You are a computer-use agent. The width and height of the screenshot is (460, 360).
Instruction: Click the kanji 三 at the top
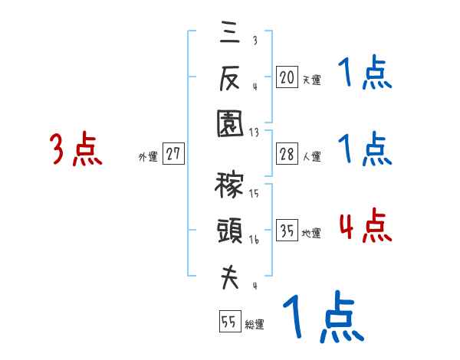[230, 34]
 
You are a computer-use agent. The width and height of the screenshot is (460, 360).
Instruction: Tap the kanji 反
[230, 79]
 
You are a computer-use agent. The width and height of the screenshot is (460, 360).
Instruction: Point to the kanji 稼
[230, 186]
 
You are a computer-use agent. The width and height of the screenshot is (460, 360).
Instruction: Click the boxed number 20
[287, 77]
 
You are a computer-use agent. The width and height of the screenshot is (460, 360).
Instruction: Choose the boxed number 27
[173, 154]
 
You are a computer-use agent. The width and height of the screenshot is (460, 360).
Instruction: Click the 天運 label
[311, 80]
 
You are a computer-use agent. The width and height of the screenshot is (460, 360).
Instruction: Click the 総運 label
[255, 325]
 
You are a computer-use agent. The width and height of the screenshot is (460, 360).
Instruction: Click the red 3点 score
[75, 149]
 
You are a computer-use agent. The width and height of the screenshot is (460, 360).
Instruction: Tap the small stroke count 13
[255, 132]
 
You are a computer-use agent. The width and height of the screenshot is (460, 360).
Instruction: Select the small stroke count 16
[255, 240]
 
